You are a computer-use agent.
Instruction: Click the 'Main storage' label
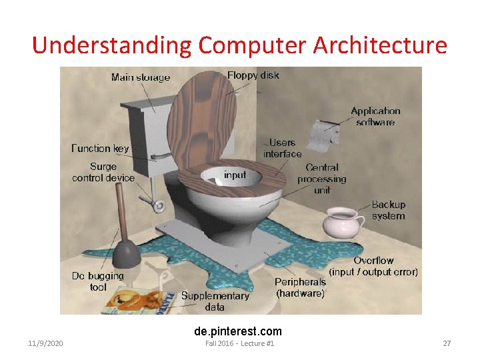pyautogui.click(x=141, y=77)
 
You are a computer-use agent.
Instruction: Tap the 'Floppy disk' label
pyautogui.click(x=253, y=75)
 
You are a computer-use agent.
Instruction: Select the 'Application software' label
pyautogui.click(x=375, y=117)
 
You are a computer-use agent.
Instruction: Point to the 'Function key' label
pyautogui.click(x=100, y=148)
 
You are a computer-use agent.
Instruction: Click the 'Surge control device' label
pyautogui.click(x=103, y=172)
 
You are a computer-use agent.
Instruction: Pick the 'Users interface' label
pyautogui.click(x=282, y=148)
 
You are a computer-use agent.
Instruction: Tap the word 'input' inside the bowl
pyautogui.click(x=235, y=175)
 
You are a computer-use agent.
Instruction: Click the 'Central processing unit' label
pyautogui.click(x=322, y=179)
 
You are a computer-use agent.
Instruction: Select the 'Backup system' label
pyautogui.click(x=388, y=210)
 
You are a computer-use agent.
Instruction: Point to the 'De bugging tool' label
pyautogui.click(x=98, y=281)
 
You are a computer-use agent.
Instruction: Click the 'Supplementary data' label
pyautogui.click(x=215, y=301)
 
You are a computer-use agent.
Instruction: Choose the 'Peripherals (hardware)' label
pyautogui.click(x=300, y=287)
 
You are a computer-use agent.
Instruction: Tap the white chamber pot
pyautogui.click(x=341, y=223)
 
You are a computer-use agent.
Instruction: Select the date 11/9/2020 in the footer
pyautogui.click(x=46, y=343)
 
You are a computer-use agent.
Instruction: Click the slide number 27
pyautogui.click(x=447, y=343)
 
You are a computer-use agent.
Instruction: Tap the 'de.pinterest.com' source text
pyautogui.click(x=238, y=331)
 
